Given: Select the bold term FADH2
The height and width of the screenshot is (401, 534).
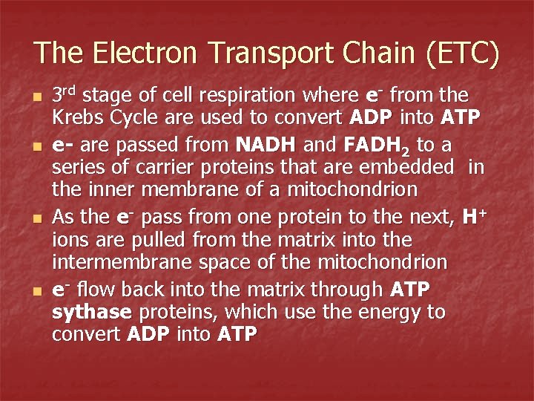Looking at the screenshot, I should click(373, 144).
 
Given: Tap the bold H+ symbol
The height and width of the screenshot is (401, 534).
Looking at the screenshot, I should click(472, 216).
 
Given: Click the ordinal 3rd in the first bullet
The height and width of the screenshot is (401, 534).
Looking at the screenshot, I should click(65, 95).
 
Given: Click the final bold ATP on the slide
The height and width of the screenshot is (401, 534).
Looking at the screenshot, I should click(237, 335).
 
